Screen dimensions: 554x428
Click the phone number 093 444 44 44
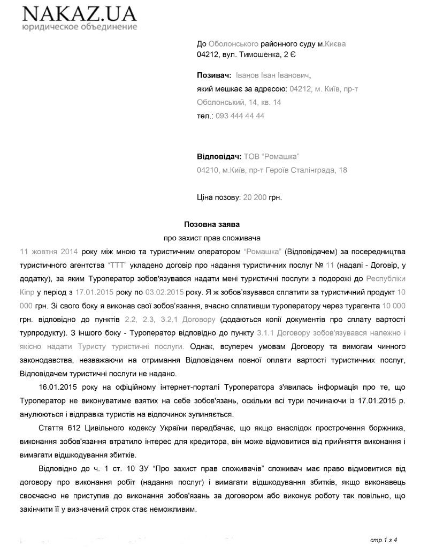(x=240, y=116)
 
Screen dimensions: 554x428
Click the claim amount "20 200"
(x=255, y=197)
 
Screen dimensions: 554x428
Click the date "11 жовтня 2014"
(x=49, y=251)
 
